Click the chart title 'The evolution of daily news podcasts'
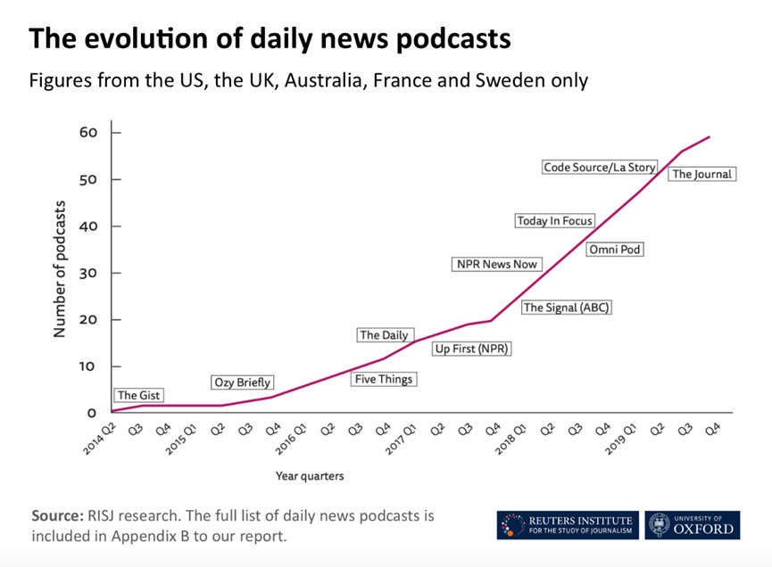[x=270, y=39]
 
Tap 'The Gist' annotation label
[x=139, y=395]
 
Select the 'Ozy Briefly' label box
[x=242, y=382]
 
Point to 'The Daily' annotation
[x=384, y=335]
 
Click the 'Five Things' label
[x=384, y=379]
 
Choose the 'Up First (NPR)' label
[x=471, y=349]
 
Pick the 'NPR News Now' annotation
[x=497, y=264]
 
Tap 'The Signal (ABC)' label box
[x=567, y=308]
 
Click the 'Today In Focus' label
[x=554, y=220]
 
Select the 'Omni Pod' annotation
[x=615, y=250]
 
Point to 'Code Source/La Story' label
[x=600, y=167]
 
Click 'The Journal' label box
[x=701, y=174]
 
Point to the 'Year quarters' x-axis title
[x=309, y=476]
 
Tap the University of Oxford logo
[x=693, y=524]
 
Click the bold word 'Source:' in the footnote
[x=57, y=515]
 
